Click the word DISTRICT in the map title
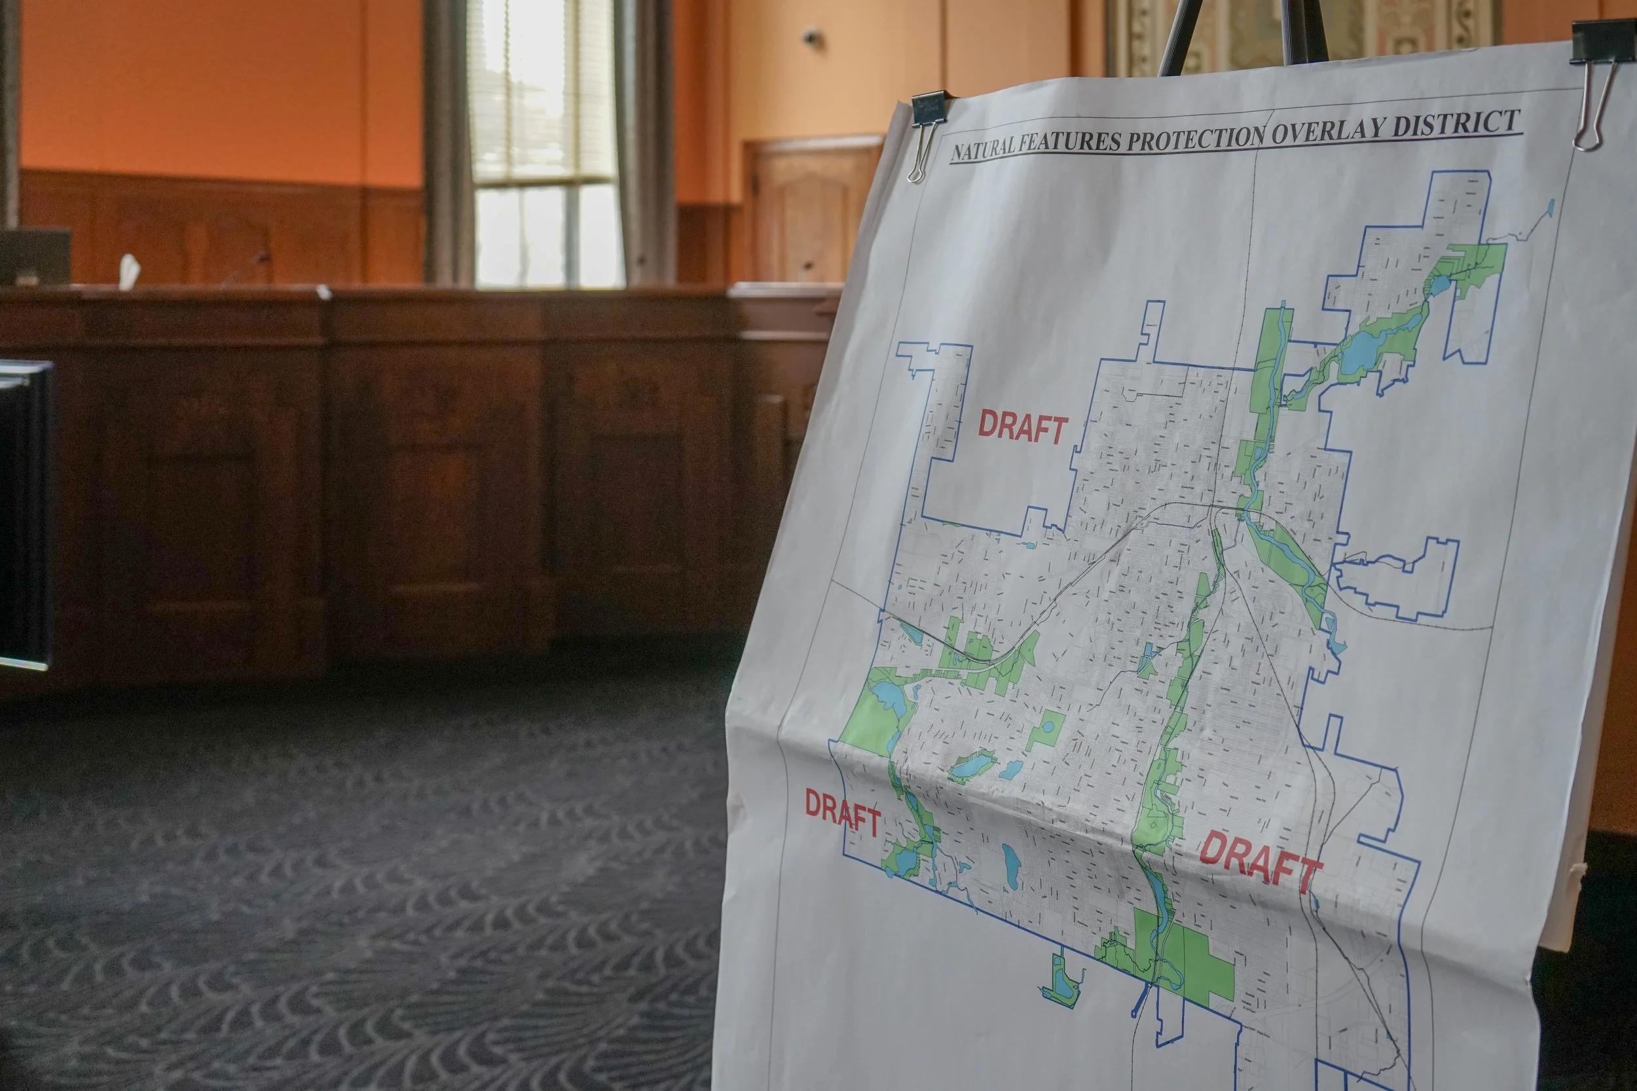[1469, 124]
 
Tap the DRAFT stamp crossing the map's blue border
[843, 814]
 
